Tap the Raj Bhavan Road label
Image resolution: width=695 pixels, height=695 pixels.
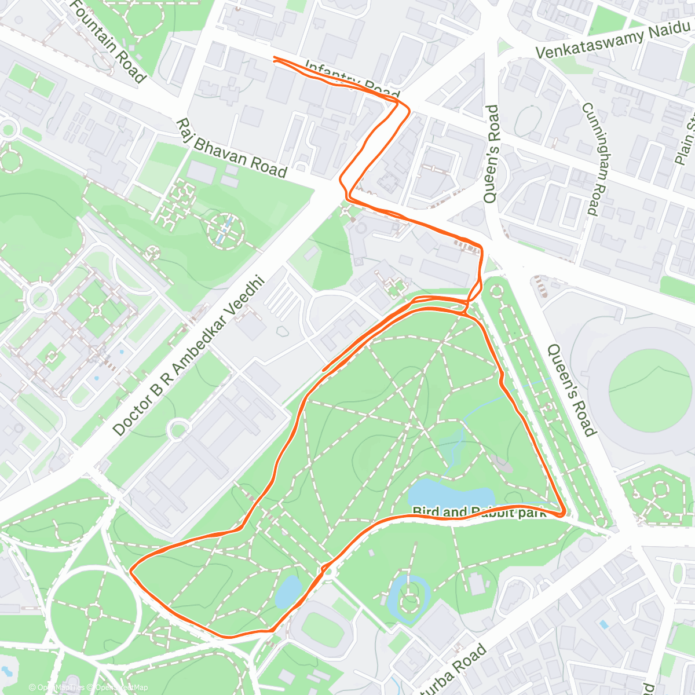(232, 149)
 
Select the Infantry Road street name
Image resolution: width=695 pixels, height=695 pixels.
(352, 79)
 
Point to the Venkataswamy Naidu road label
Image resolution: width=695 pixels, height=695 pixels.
(614, 41)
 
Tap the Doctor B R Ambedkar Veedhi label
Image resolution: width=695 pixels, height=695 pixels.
(188, 356)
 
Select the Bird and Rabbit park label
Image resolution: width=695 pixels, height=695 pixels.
(480, 512)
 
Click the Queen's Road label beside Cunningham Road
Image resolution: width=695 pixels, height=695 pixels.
(491, 153)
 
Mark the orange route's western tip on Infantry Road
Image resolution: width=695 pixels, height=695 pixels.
(274, 58)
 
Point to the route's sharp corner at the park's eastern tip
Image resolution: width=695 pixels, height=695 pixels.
(564, 513)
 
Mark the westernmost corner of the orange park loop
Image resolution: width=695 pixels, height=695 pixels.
(131, 571)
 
